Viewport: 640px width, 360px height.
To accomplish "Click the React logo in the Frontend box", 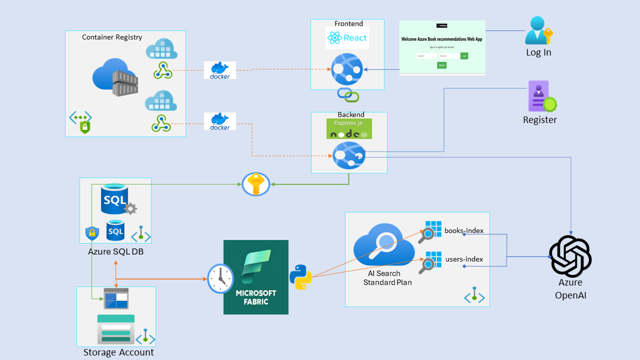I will pos(347,37).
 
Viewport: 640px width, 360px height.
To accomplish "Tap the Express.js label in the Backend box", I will pos(349,123).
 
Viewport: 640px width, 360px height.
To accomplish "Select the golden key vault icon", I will pos(256,184).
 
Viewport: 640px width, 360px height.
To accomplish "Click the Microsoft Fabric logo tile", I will pos(256,277).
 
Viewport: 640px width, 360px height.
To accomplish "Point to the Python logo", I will pos(300,277).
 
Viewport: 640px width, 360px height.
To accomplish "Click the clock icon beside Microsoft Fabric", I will pos(220,278).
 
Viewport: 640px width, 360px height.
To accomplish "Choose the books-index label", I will pos(463,230).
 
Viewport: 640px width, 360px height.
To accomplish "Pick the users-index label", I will pos(463,259).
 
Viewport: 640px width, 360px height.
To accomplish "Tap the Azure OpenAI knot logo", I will pos(570,257).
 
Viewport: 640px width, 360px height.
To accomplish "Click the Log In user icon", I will pos(538,31).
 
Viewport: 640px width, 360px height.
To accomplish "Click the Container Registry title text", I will pos(112,37).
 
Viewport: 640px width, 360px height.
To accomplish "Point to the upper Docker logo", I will pos(220,70).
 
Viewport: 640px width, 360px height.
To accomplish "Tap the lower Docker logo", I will pos(220,121).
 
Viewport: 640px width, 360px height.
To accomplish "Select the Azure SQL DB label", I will pos(115,252).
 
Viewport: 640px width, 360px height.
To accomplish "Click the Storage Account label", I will pos(118,352).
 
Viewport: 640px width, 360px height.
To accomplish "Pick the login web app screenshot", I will pos(442,47).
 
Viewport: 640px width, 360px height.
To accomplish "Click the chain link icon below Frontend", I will pos(348,94).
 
